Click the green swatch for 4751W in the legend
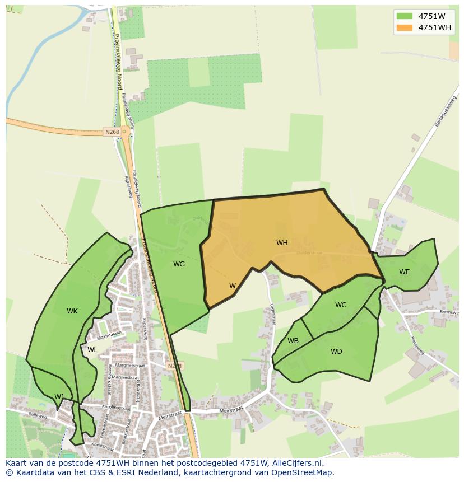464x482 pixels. [404, 16]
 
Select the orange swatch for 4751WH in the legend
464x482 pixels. [404, 28]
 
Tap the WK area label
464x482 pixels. [72, 311]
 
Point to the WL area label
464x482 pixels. [92, 350]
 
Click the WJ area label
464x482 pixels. [59, 397]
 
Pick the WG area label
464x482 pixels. [179, 264]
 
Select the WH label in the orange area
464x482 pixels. [282, 243]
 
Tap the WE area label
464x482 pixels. [404, 272]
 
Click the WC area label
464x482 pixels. [341, 305]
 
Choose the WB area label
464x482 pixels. [293, 341]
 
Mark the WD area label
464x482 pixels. [336, 352]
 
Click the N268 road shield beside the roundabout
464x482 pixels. [111, 132]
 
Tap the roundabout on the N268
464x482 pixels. [124, 132]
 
